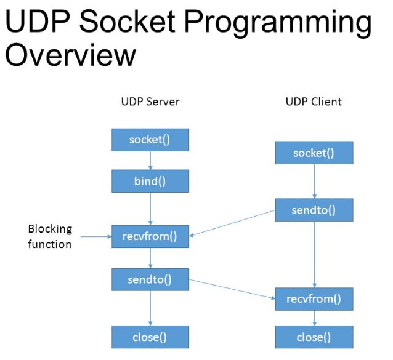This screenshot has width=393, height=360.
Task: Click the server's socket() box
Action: [150, 140]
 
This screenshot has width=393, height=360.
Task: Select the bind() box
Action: [150, 182]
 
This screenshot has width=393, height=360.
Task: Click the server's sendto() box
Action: [150, 279]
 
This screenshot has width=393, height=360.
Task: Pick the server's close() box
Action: [150, 337]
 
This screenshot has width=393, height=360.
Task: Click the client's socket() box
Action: [314, 153]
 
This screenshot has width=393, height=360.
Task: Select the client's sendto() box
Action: [314, 210]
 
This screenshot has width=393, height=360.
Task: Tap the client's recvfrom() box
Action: [314, 299]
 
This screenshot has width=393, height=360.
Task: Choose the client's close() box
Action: [314, 337]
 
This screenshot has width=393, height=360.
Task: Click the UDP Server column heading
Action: [150, 102]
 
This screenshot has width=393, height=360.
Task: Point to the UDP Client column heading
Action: [314, 102]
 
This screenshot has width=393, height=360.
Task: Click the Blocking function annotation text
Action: [50, 236]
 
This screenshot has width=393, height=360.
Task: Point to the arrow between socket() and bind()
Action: [150, 161]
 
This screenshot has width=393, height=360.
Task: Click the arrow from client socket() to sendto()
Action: [314, 181]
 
